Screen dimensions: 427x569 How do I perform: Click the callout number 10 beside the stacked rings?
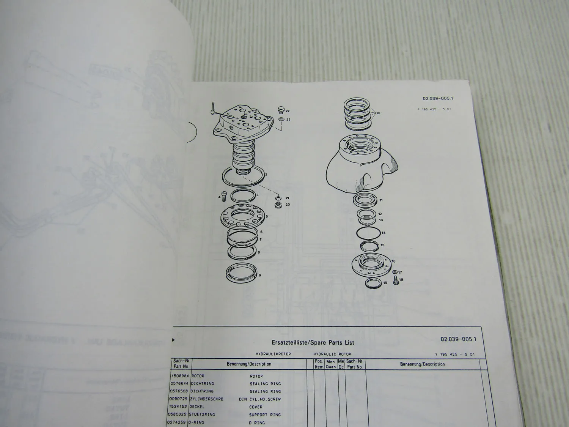coord(378,113)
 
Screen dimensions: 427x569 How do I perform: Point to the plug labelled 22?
coord(281,110)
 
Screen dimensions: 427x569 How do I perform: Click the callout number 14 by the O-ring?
coord(384,233)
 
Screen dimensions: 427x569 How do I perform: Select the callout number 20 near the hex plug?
coord(288,205)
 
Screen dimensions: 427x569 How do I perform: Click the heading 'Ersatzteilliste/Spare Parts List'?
coord(313,342)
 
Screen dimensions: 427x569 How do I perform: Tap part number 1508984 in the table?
coord(180,376)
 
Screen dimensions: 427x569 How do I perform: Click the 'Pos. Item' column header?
coord(319,364)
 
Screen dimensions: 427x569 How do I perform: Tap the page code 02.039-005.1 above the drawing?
coord(438,98)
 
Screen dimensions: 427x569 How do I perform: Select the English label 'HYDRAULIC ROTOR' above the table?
coord(332,354)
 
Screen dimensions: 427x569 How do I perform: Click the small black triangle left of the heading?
coord(174,340)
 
